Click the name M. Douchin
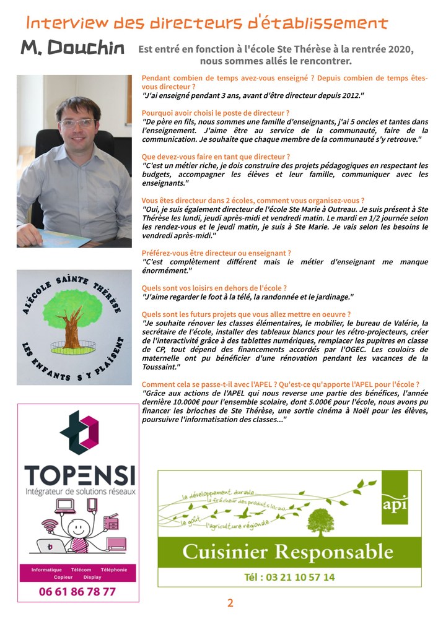[x=72, y=48]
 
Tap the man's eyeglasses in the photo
[x=77, y=123]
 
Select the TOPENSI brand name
[x=79, y=476]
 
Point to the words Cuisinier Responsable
[x=287, y=552]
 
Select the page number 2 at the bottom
[x=230, y=604]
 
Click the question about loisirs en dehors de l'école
[x=214, y=288]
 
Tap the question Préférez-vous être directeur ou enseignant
[x=216, y=253]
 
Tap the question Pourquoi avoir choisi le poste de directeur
[x=216, y=113]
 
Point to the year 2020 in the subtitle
[x=397, y=49]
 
